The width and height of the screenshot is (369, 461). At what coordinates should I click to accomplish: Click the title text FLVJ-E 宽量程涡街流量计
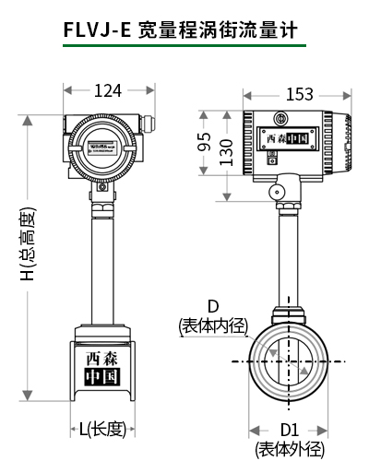(184, 30)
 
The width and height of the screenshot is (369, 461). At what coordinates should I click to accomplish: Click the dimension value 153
(299, 94)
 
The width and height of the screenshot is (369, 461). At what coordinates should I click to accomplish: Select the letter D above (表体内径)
(212, 306)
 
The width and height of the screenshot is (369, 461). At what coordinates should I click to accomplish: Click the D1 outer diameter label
(289, 430)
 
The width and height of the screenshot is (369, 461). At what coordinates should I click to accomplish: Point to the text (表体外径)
(290, 449)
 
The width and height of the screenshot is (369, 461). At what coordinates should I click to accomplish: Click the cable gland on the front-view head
(143, 123)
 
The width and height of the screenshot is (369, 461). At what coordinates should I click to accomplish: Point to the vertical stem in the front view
(101, 258)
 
